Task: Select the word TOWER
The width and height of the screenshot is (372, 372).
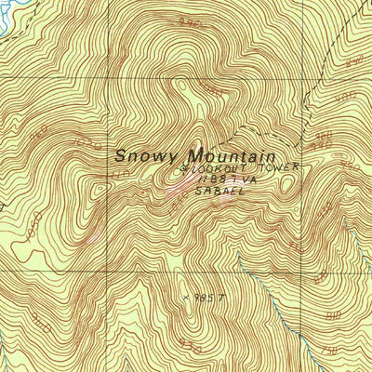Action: click(x=281, y=167)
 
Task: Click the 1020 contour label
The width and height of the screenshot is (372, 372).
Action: click(x=85, y=146)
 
